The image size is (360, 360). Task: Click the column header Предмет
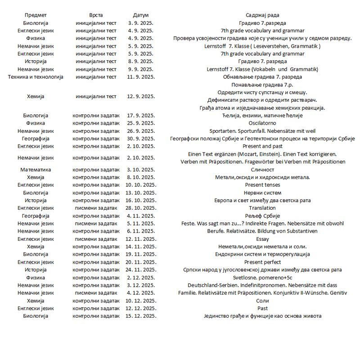(36, 15)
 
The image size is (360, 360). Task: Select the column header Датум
(141, 15)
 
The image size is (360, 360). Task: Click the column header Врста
(96, 15)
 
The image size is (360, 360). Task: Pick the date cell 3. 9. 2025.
(141, 23)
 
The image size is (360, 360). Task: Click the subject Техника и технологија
(36, 76)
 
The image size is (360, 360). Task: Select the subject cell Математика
(36, 170)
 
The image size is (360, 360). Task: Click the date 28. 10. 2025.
(141, 208)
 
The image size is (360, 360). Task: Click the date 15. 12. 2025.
(141, 316)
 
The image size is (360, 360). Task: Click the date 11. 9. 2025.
(141, 76)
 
